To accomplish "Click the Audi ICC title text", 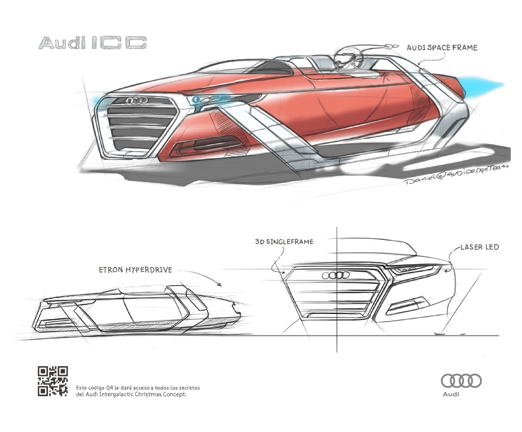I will pyautogui.click(x=92, y=43).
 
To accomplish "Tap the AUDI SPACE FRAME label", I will pyautogui.click(x=442, y=48).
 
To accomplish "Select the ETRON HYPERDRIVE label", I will pyautogui.click(x=135, y=270).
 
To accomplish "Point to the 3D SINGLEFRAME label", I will pyautogui.click(x=284, y=242).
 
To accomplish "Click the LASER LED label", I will pyautogui.click(x=479, y=247).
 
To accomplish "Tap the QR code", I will pyautogui.click(x=53, y=381).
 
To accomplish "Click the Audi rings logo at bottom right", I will pyautogui.click(x=461, y=381).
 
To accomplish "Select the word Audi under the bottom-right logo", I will pyautogui.click(x=451, y=394).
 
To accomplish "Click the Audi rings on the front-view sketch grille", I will pyautogui.click(x=336, y=275).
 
